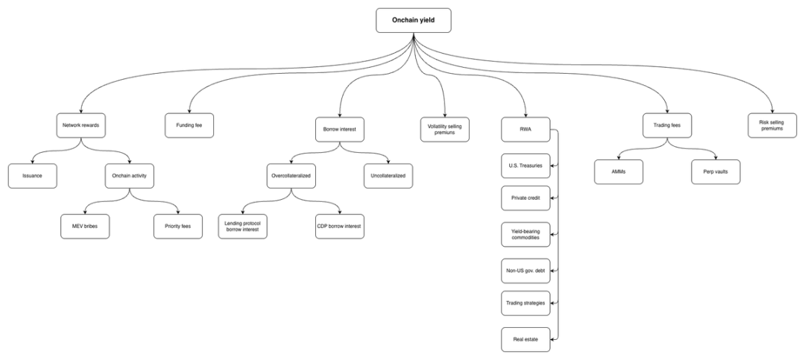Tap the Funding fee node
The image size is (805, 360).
point(189,125)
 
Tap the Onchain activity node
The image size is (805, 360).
point(131,176)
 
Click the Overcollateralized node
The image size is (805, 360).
point(291,176)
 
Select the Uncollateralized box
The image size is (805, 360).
point(388,176)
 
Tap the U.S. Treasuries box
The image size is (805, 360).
point(525,165)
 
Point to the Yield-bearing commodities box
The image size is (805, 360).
point(525,234)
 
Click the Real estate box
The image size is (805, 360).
point(525,339)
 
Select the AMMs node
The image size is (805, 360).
point(618,171)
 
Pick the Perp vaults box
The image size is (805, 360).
point(716,171)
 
